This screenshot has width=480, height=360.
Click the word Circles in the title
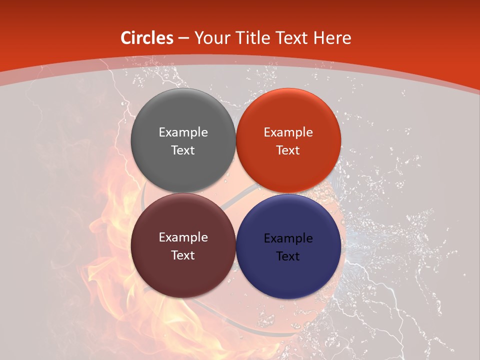coord(147,38)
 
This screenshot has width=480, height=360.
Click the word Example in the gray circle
coord(183,132)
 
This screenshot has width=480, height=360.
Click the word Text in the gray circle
coord(183,150)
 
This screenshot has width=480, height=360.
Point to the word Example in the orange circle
coord(288,132)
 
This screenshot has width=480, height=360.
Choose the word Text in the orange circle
coord(288,150)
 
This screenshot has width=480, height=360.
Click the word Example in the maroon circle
coord(183,237)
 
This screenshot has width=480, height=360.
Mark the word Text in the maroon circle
coord(183,255)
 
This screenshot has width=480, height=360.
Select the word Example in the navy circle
coord(288,238)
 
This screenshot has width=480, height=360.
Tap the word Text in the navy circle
coord(288,256)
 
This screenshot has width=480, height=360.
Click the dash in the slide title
coord(183,38)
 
